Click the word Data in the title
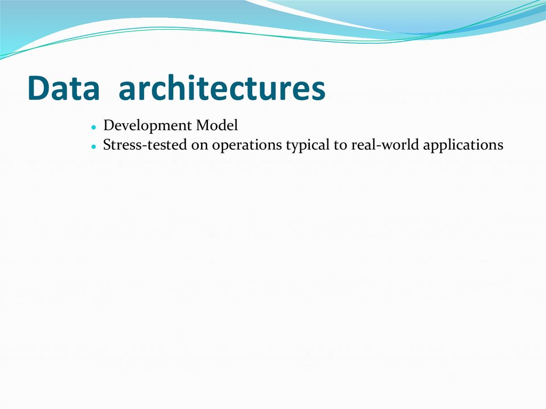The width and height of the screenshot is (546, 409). pos(63,89)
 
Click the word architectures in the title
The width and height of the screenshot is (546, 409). pos(222,89)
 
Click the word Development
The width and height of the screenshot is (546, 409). pos(148,126)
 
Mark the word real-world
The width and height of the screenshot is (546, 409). pos(385,145)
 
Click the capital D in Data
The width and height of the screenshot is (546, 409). pos(38,89)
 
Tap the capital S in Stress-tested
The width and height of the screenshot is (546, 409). pos(107,145)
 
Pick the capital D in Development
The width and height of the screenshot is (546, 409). pos(108,126)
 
